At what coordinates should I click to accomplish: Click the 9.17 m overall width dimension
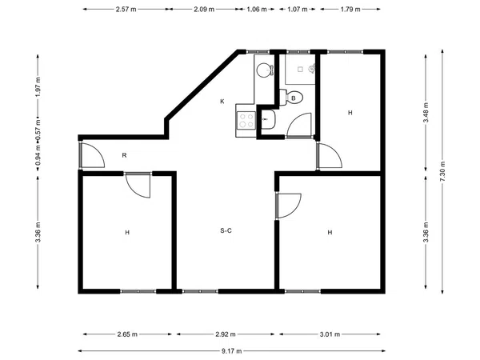pyautogui.click(x=231, y=351)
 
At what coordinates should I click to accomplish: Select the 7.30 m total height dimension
pyautogui.click(x=442, y=171)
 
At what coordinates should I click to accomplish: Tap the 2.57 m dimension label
pyautogui.click(x=126, y=9)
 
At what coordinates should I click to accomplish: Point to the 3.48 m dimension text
pyautogui.click(x=426, y=112)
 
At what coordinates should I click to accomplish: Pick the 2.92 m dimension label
pyautogui.click(x=226, y=334)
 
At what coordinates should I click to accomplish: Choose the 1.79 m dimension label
pyautogui.click(x=350, y=9)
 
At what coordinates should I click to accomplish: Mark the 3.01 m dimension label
pyautogui.click(x=330, y=334)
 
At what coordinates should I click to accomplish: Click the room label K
pyautogui.click(x=222, y=102)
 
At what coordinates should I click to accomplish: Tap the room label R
pyautogui.click(x=124, y=155)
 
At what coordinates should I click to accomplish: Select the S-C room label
pyautogui.click(x=226, y=230)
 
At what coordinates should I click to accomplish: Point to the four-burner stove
pyautogui.click(x=246, y=120)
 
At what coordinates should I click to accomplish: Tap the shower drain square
pyautogui.click(x=300, y=70)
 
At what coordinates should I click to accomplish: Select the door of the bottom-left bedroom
pyautogui.click(x=138, y=186)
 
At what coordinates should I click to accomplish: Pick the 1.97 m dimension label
pyautogui.click(x=38, y=86)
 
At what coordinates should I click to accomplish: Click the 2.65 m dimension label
pyautogui.click(x=127, y=334)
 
